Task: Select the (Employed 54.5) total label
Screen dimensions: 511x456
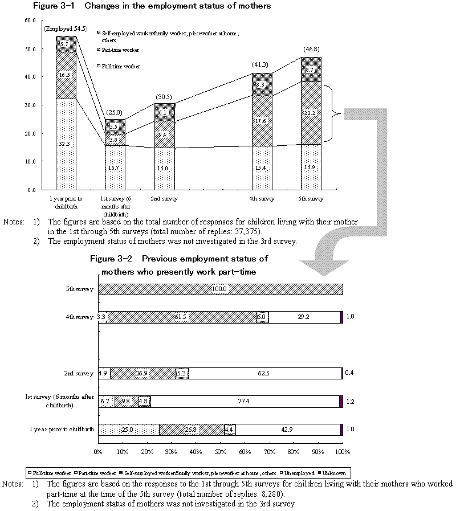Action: (66, 28)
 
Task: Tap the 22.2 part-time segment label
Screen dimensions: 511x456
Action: (311, 114)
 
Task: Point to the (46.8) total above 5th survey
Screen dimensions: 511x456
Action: (311, 50)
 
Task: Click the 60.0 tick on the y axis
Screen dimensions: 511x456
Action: (30, 21)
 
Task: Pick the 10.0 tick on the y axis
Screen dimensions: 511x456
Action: (30, 161)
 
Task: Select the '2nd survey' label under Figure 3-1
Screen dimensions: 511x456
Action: (168, 199)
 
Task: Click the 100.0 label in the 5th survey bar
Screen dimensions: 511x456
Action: (220, 289)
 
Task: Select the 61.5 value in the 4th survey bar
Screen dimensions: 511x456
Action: (181, 317)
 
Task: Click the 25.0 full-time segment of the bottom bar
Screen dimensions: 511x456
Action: (128, 430)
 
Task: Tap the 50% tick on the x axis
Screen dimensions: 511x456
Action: (220, 452)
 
